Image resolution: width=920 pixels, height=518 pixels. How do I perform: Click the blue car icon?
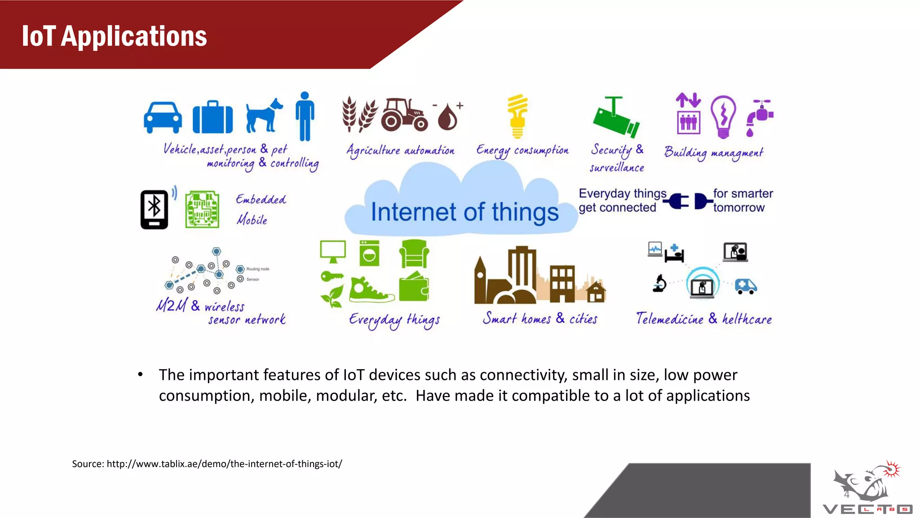point(163,117)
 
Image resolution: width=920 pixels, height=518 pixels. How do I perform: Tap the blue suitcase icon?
point(212,118)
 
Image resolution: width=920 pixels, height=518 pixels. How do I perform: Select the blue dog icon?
point(264,116)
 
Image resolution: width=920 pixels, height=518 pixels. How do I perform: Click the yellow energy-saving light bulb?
point(517,116)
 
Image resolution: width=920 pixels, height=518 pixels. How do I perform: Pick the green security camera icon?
point(616,118)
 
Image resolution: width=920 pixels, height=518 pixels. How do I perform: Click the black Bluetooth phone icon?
point(154,210)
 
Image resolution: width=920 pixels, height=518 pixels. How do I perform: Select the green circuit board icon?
point(203,210)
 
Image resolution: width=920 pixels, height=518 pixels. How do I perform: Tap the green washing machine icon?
point(369,253)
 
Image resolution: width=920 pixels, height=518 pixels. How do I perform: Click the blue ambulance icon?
point(746,286)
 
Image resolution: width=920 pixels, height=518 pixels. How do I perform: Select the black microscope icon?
point(659,284)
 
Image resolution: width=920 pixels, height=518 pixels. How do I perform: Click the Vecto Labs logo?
point(867,490)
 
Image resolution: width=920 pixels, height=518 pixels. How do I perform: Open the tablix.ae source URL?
point(224,464)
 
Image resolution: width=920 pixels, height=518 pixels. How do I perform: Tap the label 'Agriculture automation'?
point(400,151)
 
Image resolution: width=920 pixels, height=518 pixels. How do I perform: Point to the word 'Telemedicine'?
point(669,319)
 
